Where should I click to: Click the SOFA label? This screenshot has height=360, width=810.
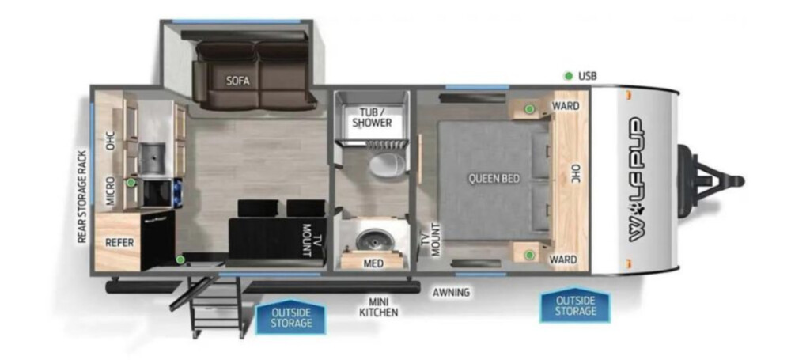[237, 81]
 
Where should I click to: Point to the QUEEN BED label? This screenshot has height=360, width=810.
[494, 179]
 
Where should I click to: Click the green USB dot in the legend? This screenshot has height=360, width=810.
[569, 76]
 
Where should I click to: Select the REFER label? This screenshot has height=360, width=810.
[120, 242]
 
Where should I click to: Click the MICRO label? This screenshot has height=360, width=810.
[111, 192]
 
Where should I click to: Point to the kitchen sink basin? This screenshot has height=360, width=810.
[152, 154]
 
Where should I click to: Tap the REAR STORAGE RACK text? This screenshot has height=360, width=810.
[81, 196]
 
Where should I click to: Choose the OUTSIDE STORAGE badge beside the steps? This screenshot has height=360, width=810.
[291, 317]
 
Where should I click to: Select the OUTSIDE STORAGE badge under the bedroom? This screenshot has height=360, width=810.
[575, 305]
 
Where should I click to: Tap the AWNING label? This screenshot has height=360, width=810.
[452, 292]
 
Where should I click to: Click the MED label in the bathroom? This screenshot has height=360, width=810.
[373, 263]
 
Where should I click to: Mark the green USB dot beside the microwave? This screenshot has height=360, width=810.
[131, 182]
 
